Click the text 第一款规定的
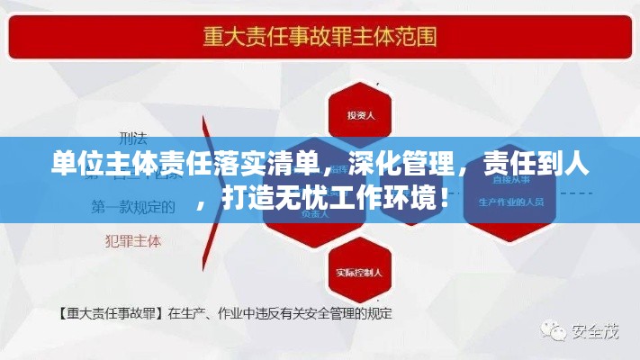(x=132, y=207)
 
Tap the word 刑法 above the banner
(x=131, y=138)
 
